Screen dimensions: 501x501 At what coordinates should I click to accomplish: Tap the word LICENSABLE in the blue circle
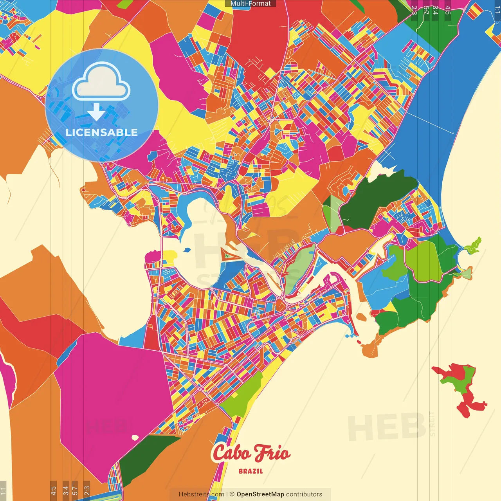click(x=101, y=132)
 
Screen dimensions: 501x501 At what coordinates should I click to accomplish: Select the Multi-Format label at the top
click(x=250, y=4)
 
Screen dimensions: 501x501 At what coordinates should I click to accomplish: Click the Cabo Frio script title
click(x=251, y=453)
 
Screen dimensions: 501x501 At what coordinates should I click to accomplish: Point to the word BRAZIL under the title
click(x=251, y=471)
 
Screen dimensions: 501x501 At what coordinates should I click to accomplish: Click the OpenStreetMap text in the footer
click(x=260, y=494)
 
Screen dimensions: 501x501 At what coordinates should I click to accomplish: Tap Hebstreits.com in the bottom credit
click(x=201, y=494)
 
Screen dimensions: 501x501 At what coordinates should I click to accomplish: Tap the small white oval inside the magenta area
click(x=135, y=438)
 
